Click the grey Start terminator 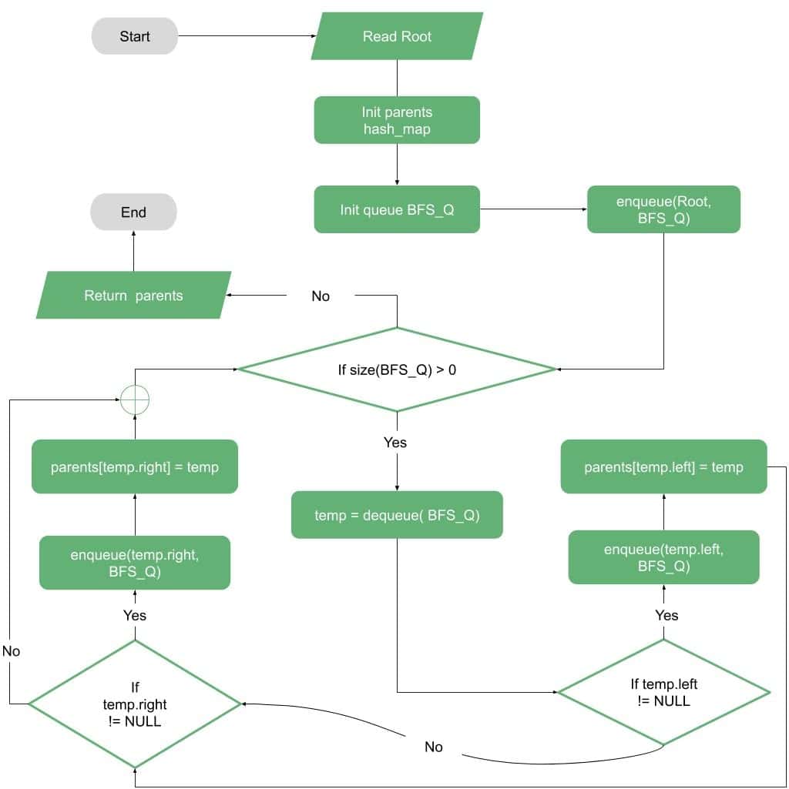135,36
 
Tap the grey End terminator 133,212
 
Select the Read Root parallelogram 397,36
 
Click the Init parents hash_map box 397,120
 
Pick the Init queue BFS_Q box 397,209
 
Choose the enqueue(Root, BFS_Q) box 663,209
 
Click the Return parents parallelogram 133,295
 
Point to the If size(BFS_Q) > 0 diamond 397,369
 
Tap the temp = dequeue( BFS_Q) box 397,515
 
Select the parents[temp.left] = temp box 663,466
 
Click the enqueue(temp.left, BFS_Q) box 663,557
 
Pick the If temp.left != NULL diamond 663,692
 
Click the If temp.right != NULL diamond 135,704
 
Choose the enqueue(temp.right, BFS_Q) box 135,563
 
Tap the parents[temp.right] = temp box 135,466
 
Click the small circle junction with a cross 135,400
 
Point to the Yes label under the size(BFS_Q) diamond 395,443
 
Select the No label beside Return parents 321,296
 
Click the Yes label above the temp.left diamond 666,615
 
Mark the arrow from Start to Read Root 247,36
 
